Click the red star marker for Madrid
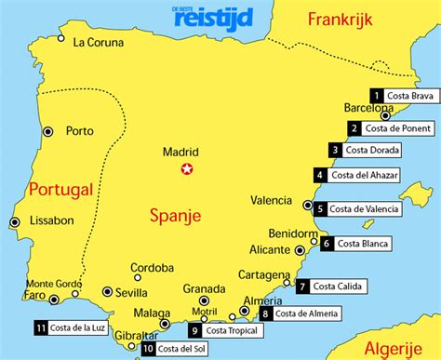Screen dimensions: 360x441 click(188, 169)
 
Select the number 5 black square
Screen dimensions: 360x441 click(320, 209)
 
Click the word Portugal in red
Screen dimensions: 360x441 click(60, 190)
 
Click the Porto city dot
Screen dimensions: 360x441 click(48, 132)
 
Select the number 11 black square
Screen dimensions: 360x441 click(40, 327)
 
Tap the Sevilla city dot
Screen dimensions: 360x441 click(107, 291)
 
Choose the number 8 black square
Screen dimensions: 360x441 click(267, 314)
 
